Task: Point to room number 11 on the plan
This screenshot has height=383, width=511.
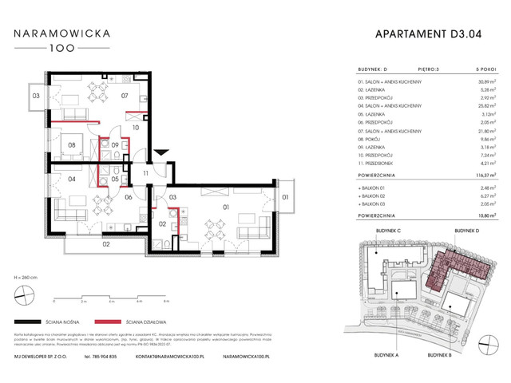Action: pyautogui.click(x=146, y=172)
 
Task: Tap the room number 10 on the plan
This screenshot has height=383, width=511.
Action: pyautogui.click(x=136, y=127)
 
